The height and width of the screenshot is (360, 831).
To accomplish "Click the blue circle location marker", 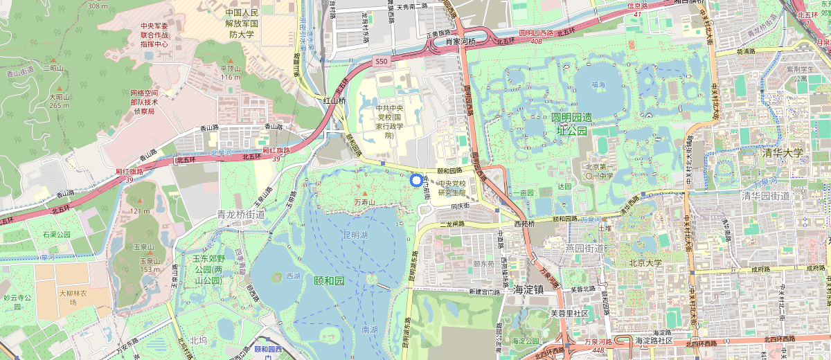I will (x=416, y=181).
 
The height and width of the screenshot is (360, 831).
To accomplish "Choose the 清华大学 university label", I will (x=781, y=153).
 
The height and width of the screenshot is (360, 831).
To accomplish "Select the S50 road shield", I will (x=380, y=62).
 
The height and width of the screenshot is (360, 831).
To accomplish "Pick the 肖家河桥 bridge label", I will (x=461, y=42).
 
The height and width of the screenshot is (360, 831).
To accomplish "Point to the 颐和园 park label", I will (x=329, y=280).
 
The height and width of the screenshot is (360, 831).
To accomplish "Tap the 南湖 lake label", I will (x=370, y=331).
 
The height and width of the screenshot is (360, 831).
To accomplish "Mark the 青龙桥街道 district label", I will (x=240, y=215).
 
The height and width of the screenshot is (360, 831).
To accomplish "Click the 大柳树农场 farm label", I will (x=73, y=298).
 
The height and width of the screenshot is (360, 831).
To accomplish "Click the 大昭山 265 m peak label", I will (x=59, y=101).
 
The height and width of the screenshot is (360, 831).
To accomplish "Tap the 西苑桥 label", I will (x=524, y=224).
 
